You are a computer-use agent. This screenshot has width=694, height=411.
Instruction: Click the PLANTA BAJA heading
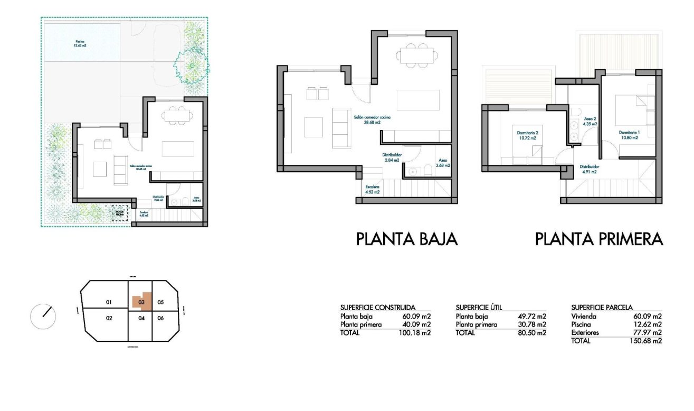tap(406, 239)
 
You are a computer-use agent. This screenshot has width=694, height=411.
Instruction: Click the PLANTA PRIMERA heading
tap(598, 239)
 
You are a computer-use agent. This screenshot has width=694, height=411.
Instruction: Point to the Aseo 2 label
tap(591, 122)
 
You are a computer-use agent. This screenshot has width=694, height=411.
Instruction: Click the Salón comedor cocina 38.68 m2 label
tap(372, 119)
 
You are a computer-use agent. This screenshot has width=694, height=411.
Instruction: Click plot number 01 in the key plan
tap(109, 302)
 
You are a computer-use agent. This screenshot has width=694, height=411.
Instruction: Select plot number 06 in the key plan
tap(161, 318)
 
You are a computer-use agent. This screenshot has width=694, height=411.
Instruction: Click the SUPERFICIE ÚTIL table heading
tap(478, 307)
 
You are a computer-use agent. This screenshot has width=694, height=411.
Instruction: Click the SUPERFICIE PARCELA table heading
tap(602, 307)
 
